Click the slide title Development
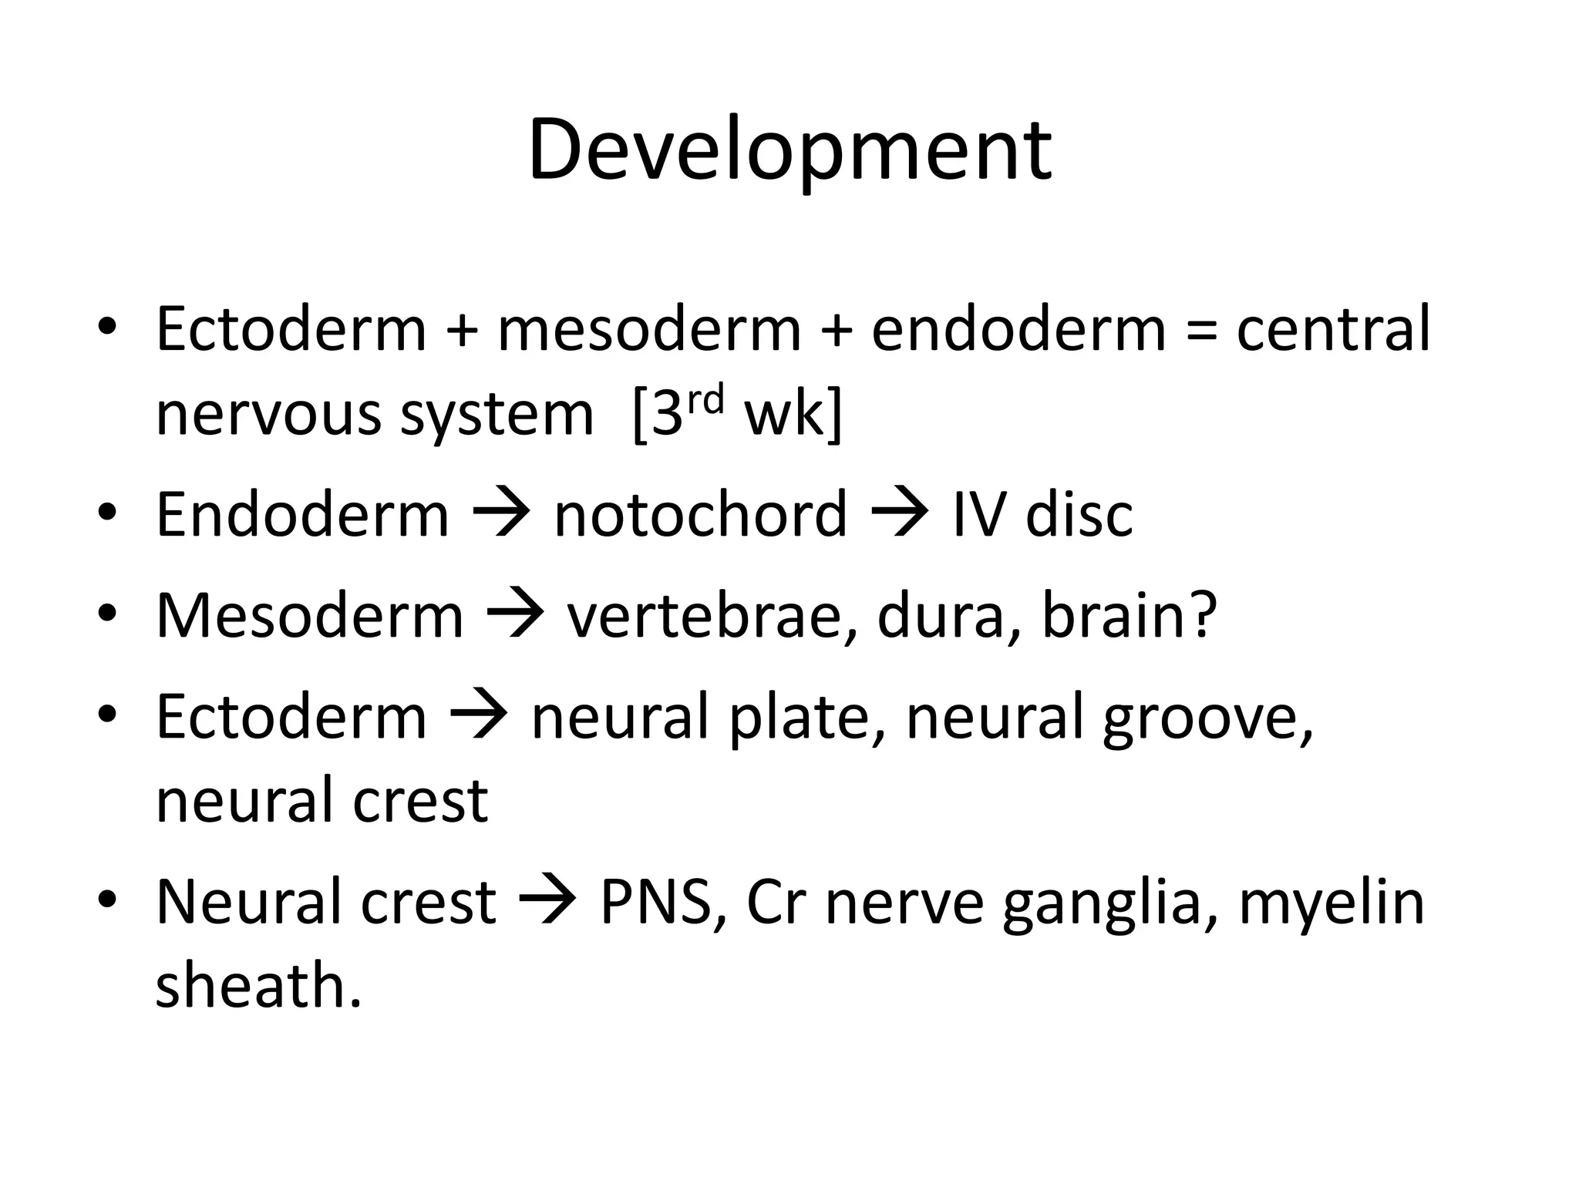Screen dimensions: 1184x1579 pos(789,150)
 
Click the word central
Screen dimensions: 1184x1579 pos(1333,330)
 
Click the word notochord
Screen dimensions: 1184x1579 pos(700,514)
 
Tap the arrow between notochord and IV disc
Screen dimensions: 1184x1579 pos(899,514)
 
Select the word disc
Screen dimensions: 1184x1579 pos(1079,514)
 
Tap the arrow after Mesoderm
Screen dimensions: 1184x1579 pos(515,616)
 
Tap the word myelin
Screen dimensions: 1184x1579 pos(1331,903)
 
